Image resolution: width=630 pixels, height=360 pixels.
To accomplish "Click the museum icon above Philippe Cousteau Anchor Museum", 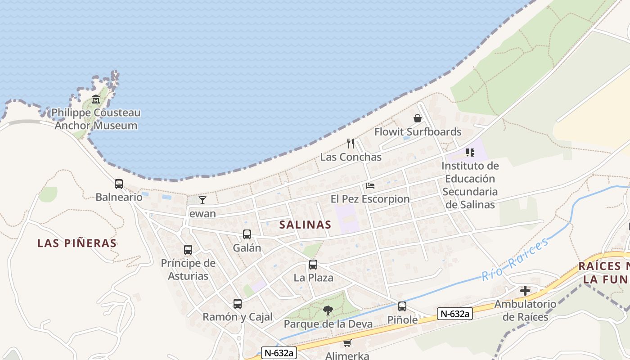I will click(95, 99).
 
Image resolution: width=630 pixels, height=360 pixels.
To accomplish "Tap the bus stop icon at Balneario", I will click(119, 184).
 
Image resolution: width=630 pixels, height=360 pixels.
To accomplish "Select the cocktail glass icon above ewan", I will click(202, 200).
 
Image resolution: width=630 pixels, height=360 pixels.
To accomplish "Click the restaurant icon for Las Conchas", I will click(351, 144).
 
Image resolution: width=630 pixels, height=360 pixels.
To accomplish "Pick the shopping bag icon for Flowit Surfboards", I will click(418, 118).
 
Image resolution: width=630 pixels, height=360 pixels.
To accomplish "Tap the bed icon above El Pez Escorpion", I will click(370, 185).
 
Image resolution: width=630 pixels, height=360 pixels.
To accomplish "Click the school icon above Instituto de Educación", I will click(470, 153).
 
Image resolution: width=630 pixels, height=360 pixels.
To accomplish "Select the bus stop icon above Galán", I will click(247, 234).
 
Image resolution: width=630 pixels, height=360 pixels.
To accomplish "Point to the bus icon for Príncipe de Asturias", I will click(188, 250).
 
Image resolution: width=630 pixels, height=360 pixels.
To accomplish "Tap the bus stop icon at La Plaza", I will click(313, 265).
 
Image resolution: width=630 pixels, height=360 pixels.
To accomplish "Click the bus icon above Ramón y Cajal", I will click(238, 304).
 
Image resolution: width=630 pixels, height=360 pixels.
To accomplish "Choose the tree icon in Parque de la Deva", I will click(328, 310).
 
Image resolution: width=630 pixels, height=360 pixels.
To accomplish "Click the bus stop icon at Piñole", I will click(402, 306).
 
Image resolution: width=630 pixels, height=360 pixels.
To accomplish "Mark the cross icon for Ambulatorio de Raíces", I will click(525, 291).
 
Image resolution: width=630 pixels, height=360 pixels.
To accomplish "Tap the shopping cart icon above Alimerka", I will click(347, 343).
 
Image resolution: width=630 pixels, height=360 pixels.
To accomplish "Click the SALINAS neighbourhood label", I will click(305, 225).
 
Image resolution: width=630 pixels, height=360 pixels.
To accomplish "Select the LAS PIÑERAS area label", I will click(77, 243).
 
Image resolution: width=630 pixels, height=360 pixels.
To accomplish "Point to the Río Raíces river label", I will click(515, 258).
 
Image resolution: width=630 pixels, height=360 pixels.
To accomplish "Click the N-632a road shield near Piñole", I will click(454, 314).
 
